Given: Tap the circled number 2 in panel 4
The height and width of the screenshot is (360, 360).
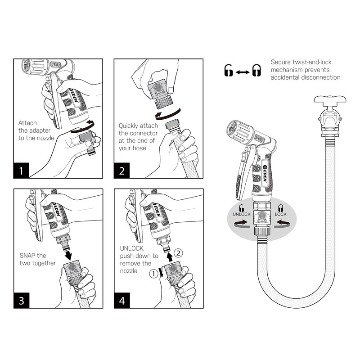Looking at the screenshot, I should tap(179, 253).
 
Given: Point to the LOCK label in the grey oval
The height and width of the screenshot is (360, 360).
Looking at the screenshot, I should tap(280, 214).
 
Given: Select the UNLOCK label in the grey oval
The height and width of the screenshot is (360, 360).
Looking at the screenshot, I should tap(241, 214).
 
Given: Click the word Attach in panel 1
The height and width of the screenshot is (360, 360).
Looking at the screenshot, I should tap(27, 122).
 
